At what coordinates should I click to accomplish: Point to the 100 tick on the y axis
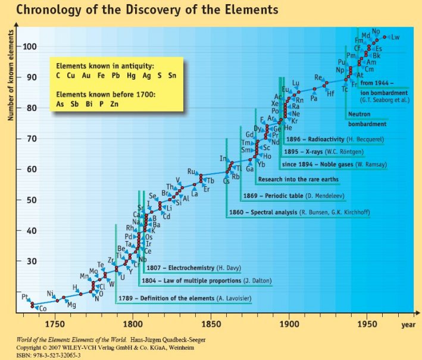coord(30,46)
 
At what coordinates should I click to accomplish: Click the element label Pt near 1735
coord(25,296)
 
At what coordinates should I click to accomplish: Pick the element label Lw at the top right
coord(395,37)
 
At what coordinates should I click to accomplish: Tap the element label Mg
coord(71,305)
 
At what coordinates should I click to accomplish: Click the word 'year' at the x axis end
coord(408,324)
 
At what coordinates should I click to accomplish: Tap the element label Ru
coord(192,171)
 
